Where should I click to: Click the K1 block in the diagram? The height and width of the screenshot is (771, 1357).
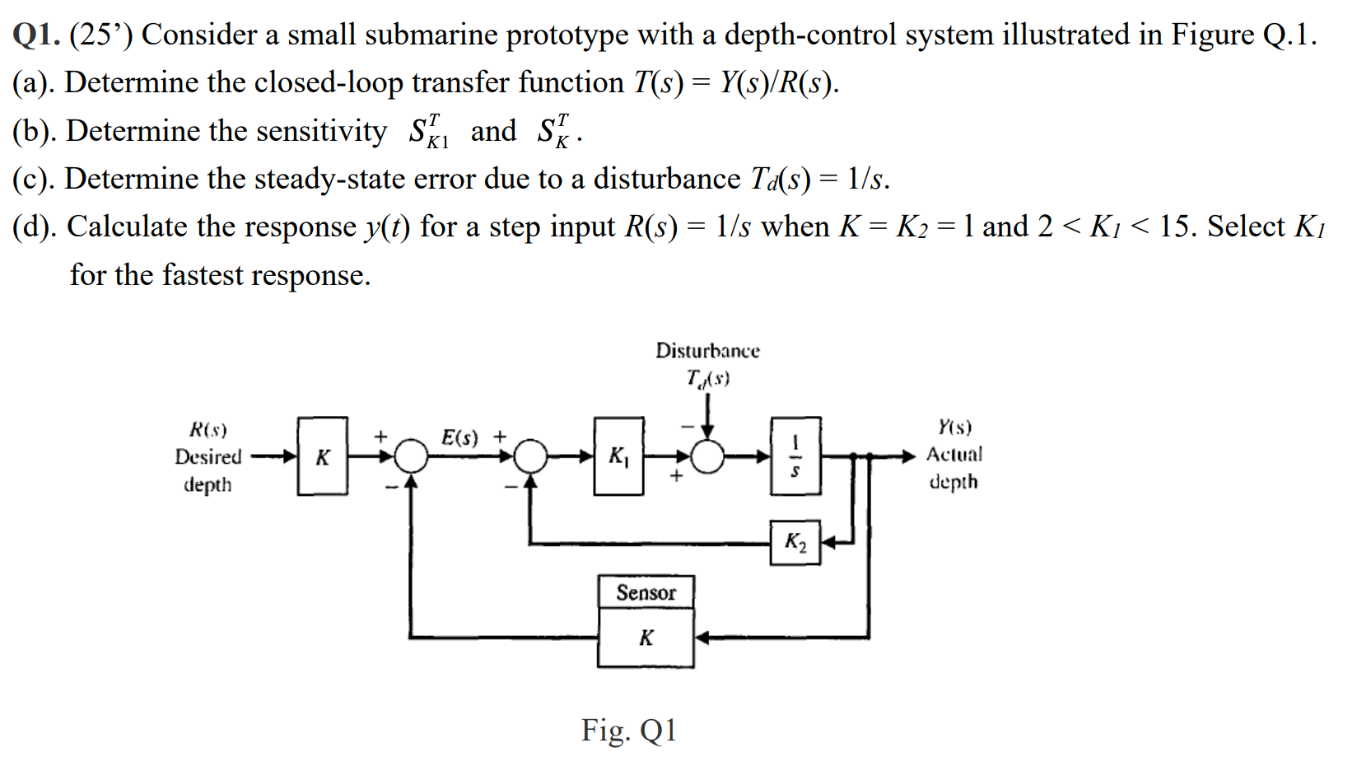click(x=618, y=456)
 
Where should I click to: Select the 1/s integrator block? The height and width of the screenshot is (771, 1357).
click(x=795, y=456)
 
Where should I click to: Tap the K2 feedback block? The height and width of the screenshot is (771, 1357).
click(x=795, y=542)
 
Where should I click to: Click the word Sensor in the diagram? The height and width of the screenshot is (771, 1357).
click(x=646, y=592)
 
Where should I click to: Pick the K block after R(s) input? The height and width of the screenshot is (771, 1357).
click(x=322, y=456)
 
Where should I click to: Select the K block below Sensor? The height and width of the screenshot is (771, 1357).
click(x=646, y=638)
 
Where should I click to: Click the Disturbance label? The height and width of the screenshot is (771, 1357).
click(x=707, y=351)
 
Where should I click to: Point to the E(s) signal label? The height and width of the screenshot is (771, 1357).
click(x=459, y=437)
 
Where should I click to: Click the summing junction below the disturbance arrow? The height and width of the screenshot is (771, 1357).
click(x=707, y=456)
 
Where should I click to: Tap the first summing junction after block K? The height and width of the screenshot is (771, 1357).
click(x=411, y=456)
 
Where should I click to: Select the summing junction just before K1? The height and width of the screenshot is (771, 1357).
click(x=531, y=456)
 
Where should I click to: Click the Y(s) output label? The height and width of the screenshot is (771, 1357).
click(x=954, y=427)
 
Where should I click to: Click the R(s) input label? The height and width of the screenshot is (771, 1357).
click(x=208, y=429)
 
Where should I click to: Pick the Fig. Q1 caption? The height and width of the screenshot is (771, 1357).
click(x=628, y=730)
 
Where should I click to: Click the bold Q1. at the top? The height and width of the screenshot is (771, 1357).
click(x=36, y=35)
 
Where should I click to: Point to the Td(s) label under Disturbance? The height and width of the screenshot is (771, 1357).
click(x=707, y=378)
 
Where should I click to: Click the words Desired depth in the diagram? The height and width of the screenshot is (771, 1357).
click(x=208, y=470)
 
